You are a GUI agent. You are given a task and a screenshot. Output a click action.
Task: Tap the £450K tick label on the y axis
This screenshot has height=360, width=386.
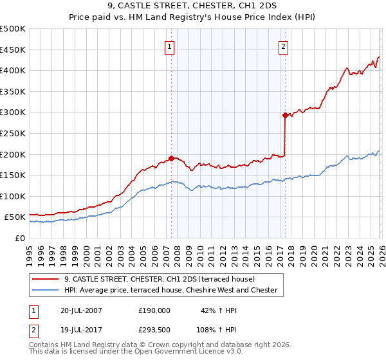pyautogui.click(x=13, y=50)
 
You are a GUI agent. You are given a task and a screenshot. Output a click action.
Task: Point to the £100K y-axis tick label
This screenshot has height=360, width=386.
pyautogui.click(x=13, y=197)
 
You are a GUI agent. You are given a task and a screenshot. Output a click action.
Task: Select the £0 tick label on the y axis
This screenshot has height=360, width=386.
pyautogui.click(x=21, y=239)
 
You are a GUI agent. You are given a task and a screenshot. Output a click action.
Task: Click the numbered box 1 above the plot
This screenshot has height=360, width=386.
pyautogui.click(x=169, y=46)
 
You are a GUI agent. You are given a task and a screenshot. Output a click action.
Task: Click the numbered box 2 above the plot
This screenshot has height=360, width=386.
pyautogui.click(x=283, y=46)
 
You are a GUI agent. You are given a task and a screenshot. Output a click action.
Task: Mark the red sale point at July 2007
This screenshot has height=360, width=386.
pyautogui.click(x=171, y=158)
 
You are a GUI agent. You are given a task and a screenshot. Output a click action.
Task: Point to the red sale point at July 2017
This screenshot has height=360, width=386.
pyautogui.click(x=284, y=115)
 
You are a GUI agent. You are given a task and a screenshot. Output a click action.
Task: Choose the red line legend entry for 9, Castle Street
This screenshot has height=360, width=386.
pyautogui.click(x=160, y=279)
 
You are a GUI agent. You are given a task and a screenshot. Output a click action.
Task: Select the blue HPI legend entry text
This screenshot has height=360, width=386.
pyautogui.click(x=170, y=291)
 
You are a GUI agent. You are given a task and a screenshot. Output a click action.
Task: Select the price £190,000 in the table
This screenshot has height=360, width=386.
pyautogui.click(x=154, y=310)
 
